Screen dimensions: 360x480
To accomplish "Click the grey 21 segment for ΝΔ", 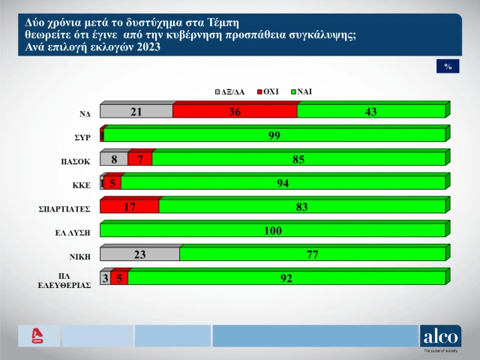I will point(136,112).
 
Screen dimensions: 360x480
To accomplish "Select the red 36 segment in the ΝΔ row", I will point(235,112).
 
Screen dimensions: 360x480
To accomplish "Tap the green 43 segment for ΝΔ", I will point(370,112).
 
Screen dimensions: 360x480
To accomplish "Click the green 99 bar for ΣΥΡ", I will point(274,136).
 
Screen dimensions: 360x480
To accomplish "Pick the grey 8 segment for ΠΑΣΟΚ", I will point(113,159).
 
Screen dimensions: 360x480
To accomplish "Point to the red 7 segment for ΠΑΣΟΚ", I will point(139,159).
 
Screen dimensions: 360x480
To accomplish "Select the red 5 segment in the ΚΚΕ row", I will point(112,183).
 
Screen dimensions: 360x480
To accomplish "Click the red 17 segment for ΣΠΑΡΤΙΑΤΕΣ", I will point(129,206).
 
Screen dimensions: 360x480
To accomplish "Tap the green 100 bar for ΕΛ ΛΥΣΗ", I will point(272,230).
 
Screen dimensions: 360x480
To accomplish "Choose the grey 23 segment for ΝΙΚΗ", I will point(139,254).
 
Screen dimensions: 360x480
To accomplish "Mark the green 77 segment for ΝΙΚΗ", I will point(312,254).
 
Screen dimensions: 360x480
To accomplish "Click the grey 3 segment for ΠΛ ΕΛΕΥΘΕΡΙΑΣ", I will point(105,278).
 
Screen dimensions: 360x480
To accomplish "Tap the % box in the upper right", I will point(447,67).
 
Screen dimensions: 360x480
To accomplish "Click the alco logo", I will point(440,337).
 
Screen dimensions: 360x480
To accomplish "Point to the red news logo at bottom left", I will point(34,336).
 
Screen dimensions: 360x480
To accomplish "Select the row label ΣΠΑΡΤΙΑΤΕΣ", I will point(68,208).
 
